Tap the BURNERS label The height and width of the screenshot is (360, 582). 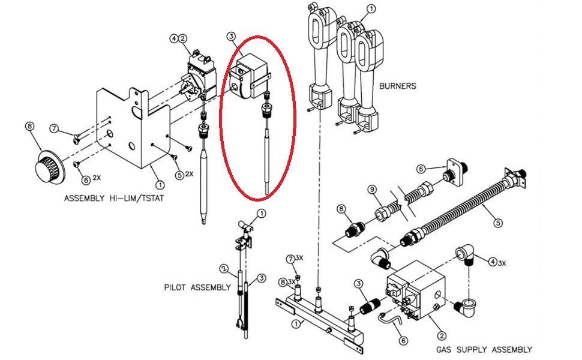397,86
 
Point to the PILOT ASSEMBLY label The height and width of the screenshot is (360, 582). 197,287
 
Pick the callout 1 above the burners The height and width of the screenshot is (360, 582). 370,9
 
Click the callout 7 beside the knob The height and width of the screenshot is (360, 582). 54,128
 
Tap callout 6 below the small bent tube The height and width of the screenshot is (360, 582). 404,340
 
